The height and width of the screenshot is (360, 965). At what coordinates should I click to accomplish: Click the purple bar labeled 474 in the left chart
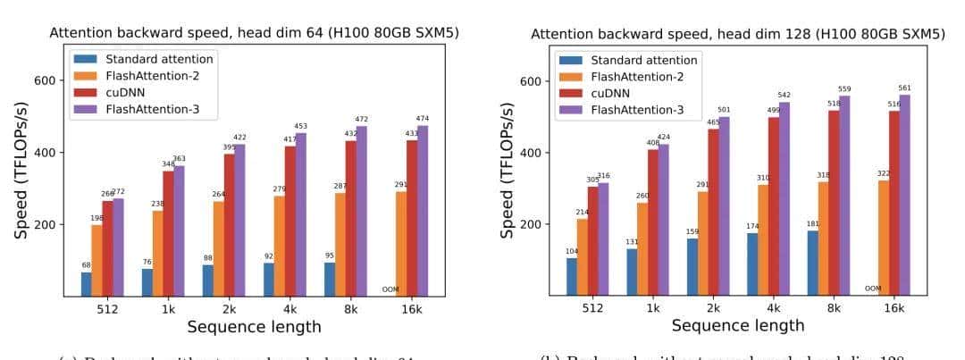tap(423, 211)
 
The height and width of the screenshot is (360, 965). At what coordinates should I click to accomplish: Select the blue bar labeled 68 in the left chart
tap(86, 283)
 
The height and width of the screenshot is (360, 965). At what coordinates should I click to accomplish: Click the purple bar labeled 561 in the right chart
tap(905, 195)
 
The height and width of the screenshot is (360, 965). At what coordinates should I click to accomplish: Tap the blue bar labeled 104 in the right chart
tap(571, 276)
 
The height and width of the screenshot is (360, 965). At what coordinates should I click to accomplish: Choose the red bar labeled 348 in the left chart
tap(168, 232)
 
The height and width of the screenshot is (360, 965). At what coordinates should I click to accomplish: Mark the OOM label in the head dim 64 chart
tap(390, 289)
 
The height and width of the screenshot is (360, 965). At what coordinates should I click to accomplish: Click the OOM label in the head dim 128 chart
tap(872, 289)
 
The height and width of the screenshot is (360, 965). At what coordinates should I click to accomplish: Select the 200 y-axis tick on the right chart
tap(530, 224)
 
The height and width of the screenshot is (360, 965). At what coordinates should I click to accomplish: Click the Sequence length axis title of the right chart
tap(737, 326)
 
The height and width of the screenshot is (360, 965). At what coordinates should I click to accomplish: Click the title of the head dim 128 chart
tap(737, 34)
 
